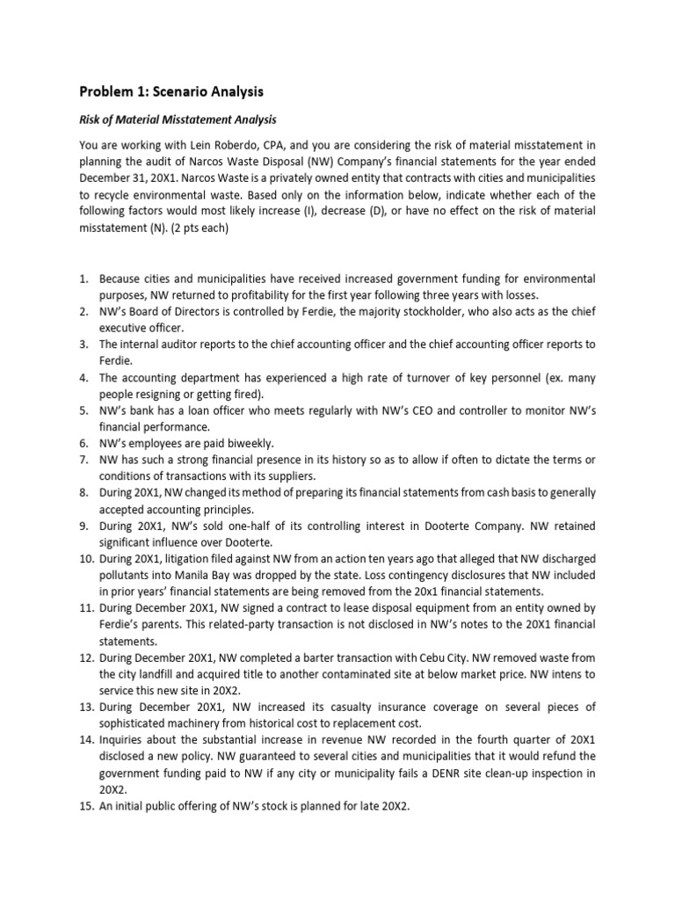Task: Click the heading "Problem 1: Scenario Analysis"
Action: click(x=171, y=91)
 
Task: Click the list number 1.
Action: click(x=85, y=279)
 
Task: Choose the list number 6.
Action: click(x=85, y=445)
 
